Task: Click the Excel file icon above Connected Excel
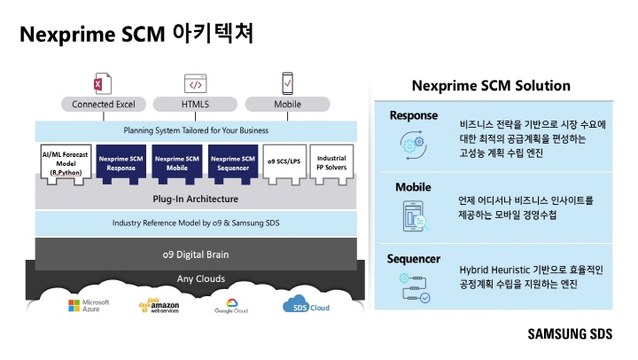click(x=99, y=84)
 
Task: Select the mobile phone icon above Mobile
click(x=287, y=84)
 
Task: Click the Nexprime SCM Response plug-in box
click(x=121, y=162)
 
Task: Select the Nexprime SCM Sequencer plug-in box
click(x=234, y=162)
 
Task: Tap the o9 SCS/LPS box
click(x=282, y=162)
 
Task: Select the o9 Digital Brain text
click(x=195, y=254)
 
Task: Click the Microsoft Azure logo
click(x=89, y=306)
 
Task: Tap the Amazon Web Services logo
click(x=159, y=306)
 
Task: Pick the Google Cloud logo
click(x=230, y=306)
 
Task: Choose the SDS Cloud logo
click(x=307, y=306)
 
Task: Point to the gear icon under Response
click(x=412, y=145)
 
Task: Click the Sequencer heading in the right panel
click(x=414, y=259)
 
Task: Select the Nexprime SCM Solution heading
click(x=491, y=86)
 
